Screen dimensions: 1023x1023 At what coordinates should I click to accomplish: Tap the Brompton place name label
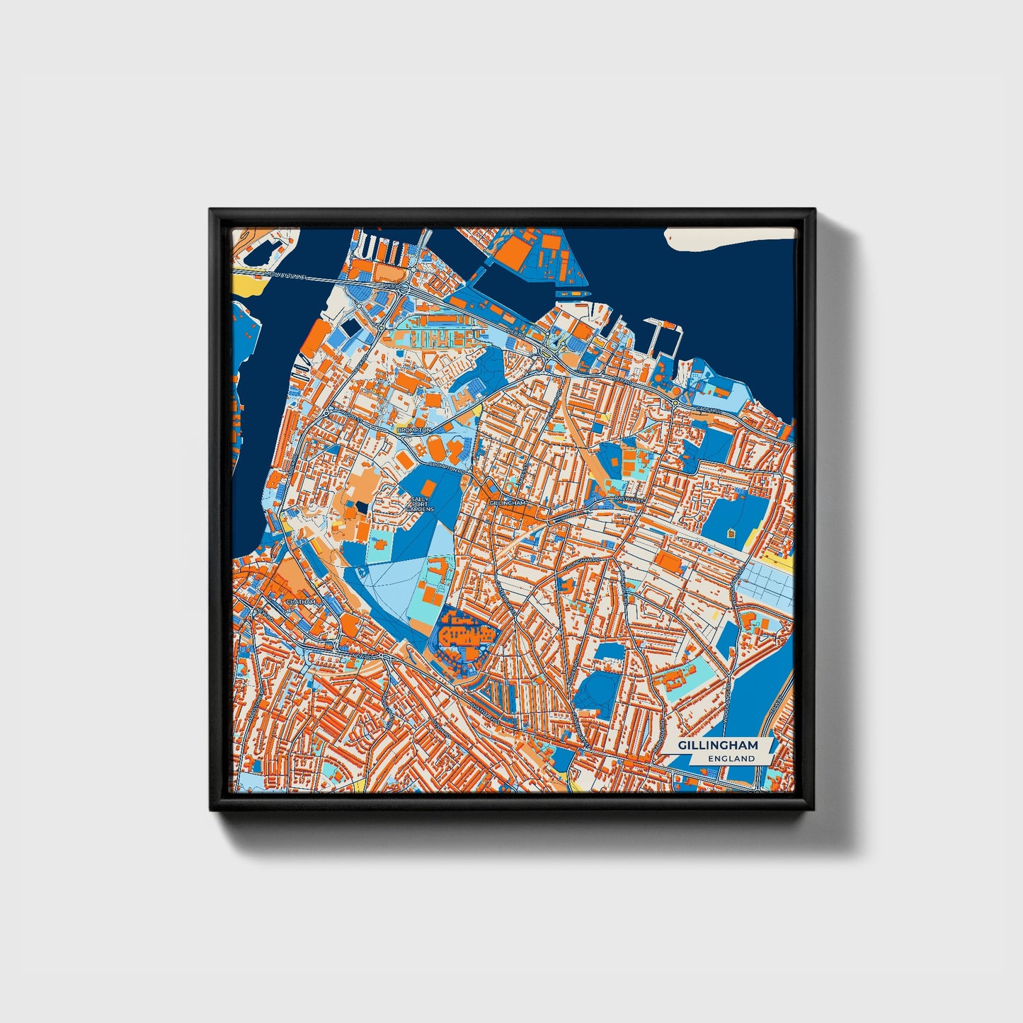click(x=414, y=430)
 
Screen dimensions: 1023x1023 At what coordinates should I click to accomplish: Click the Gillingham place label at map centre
click(x=508, y=503)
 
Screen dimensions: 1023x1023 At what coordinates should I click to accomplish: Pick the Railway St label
click(x=629, y=499)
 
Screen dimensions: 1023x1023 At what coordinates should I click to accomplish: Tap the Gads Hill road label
click(x=707, y=408)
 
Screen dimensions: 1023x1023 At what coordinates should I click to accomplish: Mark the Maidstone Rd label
click(x=252, y=708)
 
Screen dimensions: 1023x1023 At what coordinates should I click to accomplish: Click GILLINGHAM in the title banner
click(x=718, y=745)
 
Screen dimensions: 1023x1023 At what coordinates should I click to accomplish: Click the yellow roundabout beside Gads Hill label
click(x=675, y=403)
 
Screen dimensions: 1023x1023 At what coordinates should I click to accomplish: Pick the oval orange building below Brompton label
click(x=437, y=448)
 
